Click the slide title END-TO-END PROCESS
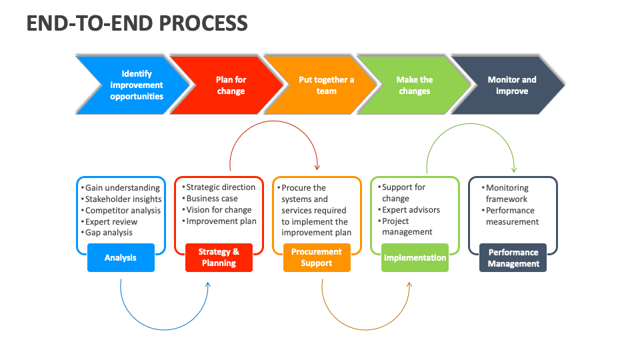tap(137, 23)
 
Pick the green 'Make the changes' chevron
tap(414, 85)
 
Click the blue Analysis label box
tap(121, 257)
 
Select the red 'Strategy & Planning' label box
tap(219, 257)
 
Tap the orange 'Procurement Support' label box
tap(317, 257)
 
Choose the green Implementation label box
tap(415, 257)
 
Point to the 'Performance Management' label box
tap(513, 257)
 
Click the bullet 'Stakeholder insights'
tap(123, 199)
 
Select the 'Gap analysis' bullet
tap(109, 233)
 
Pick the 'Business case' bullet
tap(212, 199)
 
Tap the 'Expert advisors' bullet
tap(411, 210)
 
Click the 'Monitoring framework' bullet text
tap(507, 193)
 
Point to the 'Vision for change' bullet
tap(219, 210)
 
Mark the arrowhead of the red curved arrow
tap(317, 167)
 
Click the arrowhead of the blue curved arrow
tap(208, 285)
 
